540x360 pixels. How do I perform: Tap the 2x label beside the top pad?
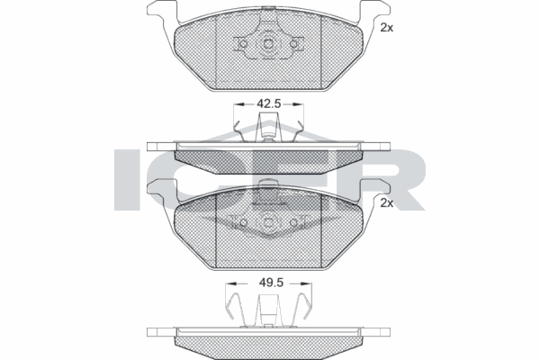387,28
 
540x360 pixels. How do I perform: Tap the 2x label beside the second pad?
387,203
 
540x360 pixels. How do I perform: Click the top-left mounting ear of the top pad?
159,13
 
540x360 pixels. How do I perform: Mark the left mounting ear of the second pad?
159,188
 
